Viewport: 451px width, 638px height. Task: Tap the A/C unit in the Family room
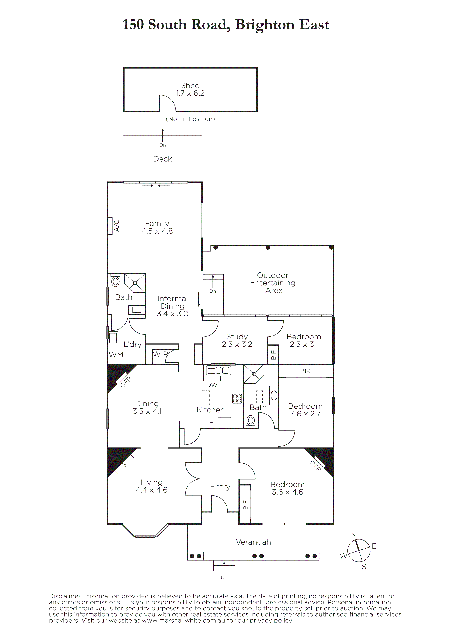click(110, 226)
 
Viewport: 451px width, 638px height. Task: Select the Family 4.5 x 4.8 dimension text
click(157, 231)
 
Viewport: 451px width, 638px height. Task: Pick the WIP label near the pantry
click(160, 354)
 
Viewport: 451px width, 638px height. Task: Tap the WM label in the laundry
click(116, 355)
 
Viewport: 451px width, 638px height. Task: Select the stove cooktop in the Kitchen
click(237, 398)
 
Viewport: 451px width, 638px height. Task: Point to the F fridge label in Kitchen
click(211, 423)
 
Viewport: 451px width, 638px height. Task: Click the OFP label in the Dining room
click(125, 382)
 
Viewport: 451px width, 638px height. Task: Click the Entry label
click(220, 487)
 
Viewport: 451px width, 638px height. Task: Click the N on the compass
click(354, 535)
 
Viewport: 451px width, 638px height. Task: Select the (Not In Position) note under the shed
click(190, 119)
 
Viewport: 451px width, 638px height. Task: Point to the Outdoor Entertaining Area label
click(273, 283)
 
